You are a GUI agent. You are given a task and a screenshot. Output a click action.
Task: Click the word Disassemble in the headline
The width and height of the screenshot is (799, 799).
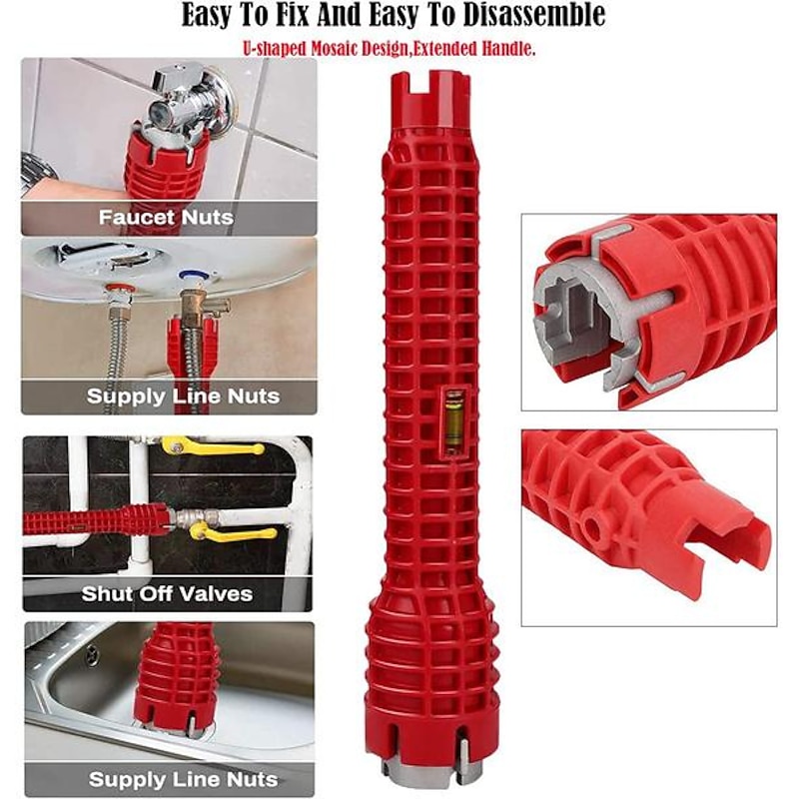pos(535,15)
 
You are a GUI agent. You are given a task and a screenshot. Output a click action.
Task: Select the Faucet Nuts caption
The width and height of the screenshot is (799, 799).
pos(166,218)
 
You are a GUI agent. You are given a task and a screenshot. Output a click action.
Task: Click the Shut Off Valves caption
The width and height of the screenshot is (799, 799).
pos(167,593)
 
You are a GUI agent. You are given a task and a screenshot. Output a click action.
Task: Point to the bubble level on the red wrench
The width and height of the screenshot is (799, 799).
pos(453,419)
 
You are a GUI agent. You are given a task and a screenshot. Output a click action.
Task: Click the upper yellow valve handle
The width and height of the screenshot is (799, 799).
pos(214,446)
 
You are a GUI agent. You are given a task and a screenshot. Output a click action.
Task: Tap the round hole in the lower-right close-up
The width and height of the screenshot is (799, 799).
pos(593,528)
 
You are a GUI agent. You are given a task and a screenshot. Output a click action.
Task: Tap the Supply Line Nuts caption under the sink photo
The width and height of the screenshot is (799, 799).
pos(183,780)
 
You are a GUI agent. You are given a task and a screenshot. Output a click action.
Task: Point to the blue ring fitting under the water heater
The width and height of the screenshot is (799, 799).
pos(193,276)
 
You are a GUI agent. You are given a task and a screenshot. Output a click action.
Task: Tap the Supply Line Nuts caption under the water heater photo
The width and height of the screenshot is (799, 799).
pos(183,397)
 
